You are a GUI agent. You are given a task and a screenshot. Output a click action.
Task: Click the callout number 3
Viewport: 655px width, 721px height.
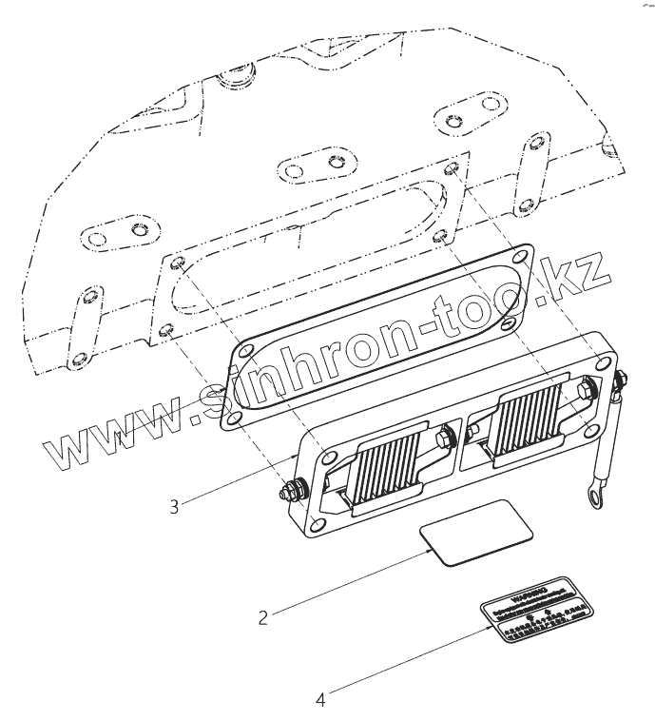[x=174, y=507]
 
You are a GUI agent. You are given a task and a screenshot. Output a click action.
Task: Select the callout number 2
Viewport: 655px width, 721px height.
[x=263, y=616]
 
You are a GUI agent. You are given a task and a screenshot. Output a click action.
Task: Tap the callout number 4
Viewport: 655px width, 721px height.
[x=320, y=700]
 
